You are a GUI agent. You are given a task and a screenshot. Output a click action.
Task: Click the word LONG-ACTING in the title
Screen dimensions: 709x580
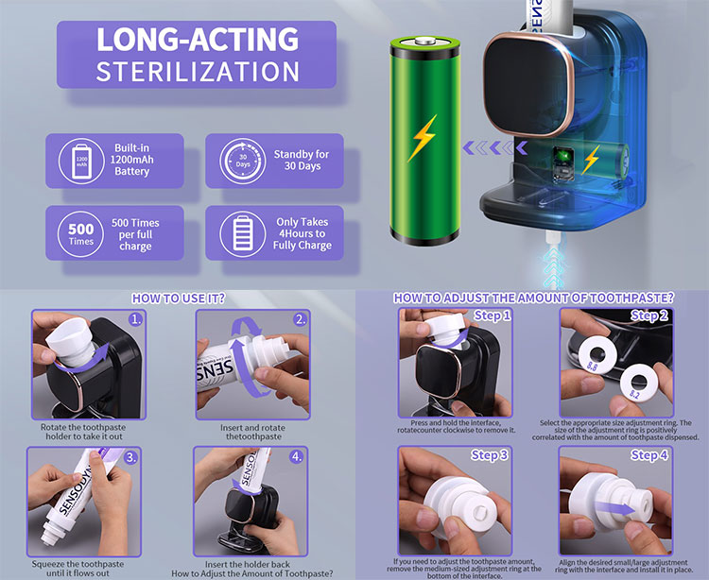point(198,40)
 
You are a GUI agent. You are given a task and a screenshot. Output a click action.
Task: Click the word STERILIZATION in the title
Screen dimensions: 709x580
point(198,72)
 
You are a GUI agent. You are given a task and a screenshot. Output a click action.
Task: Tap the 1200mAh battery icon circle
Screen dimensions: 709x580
point(81,162)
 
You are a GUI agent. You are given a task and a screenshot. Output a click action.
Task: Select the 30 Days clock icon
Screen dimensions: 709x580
point(243,162)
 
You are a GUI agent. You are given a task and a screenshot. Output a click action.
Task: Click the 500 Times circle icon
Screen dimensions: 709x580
point(81,234)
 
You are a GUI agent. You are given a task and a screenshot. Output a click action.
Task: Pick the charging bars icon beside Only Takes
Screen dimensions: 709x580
point(243,234)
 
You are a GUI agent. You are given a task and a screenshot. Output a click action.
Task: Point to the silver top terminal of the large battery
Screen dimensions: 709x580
point(425,42)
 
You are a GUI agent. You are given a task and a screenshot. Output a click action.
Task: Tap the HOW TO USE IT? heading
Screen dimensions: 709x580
point(178,299)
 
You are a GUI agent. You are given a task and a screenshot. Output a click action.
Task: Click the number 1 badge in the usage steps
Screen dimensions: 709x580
point(135,320)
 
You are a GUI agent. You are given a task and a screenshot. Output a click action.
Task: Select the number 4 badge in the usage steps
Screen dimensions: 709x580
point(296,456)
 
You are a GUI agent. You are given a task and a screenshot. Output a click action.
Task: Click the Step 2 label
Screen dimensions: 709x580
point(649,316)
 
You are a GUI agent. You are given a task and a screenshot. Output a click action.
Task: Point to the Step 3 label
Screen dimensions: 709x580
point(490,455)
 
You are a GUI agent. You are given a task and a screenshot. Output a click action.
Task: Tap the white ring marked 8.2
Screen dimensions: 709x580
point(639,384)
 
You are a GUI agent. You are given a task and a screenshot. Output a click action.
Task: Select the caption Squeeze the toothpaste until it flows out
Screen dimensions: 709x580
point(78,569)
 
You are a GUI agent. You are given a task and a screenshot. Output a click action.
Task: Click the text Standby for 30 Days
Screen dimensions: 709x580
point(302,160)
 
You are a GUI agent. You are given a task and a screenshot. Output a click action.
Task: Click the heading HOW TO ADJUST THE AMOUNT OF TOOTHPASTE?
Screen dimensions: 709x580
point(533,299)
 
